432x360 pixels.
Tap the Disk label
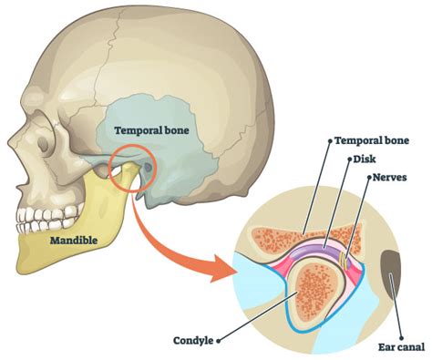365,159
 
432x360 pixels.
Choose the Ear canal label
404,346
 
